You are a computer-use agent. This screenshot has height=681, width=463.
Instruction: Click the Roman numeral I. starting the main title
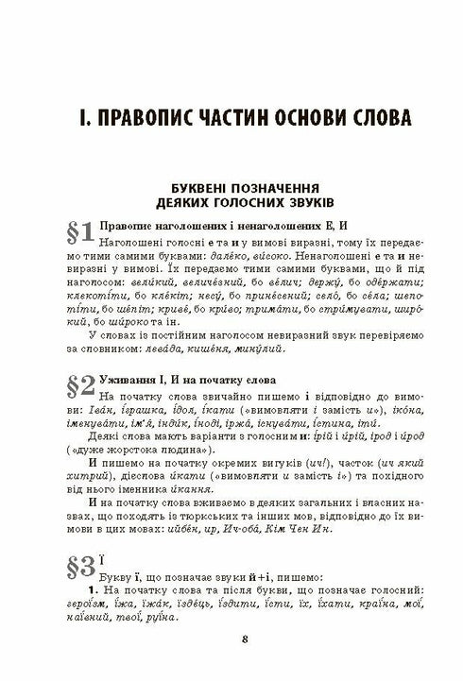click(83, 120)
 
